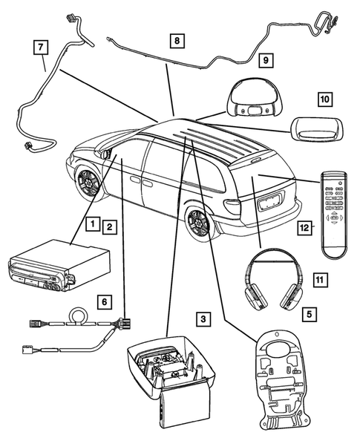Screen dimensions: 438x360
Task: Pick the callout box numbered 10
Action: click(324, 98)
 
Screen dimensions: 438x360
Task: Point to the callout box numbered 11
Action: click(319, 279)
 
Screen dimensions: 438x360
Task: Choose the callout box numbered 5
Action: click(307, 314)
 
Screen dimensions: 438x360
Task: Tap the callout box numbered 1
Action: click(91, 223)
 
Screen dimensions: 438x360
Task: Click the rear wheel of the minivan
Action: click(201, 224)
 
